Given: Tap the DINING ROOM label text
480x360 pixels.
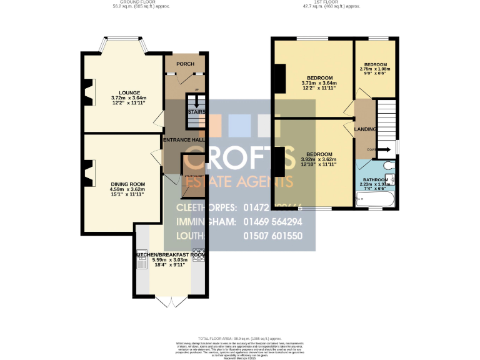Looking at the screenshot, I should point(127,184).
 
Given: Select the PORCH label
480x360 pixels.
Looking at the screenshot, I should point(184,64).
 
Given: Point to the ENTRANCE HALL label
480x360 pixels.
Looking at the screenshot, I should point(185,140).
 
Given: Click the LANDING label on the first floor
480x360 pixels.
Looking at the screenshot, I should point(366,129).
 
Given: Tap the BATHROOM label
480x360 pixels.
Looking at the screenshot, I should point(376,179).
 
